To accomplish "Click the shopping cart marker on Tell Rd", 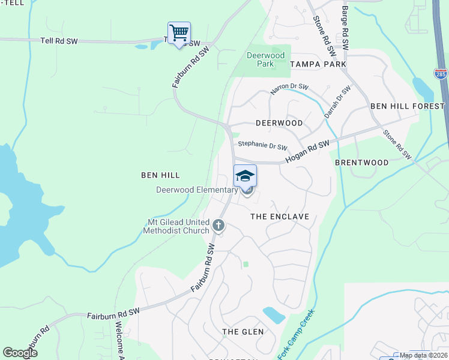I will tap(179, 33).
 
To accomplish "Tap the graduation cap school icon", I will tap(245, 176).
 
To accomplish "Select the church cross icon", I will tap(218, 226).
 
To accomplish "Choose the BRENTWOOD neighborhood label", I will tap(362, 163).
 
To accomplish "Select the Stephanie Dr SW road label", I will tap(262, 146).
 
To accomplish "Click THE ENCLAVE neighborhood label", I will tap(279, 217).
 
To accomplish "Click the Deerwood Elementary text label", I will tap(197, 190).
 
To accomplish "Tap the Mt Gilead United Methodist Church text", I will tap(179, 226).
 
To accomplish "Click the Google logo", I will tap(20, 353).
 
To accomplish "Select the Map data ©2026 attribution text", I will tap(423, 355).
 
